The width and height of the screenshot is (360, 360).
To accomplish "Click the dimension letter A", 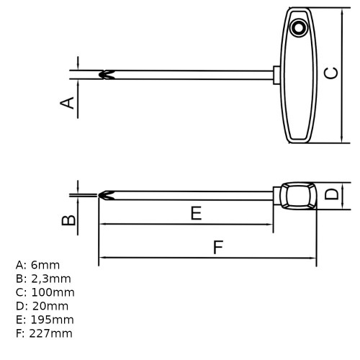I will coord(67,103).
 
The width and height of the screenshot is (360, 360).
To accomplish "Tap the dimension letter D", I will coord(330,194).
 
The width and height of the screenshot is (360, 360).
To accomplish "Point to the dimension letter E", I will coord(195,212).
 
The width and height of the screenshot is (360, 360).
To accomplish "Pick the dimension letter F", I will coord(218,247).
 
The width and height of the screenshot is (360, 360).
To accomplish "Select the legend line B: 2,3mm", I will coord(44,279).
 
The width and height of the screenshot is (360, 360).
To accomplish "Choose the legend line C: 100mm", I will coord(45,292).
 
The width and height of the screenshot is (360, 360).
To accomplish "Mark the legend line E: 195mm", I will coord(45,320).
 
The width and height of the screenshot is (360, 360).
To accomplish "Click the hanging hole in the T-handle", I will coord(297,28).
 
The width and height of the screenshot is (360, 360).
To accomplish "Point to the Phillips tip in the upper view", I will coord(105,74).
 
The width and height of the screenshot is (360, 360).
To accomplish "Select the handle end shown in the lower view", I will coord(297,195).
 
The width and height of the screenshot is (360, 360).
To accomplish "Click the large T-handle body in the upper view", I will coord(300,79).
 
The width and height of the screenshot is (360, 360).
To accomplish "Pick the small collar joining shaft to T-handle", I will coord(278,74).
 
